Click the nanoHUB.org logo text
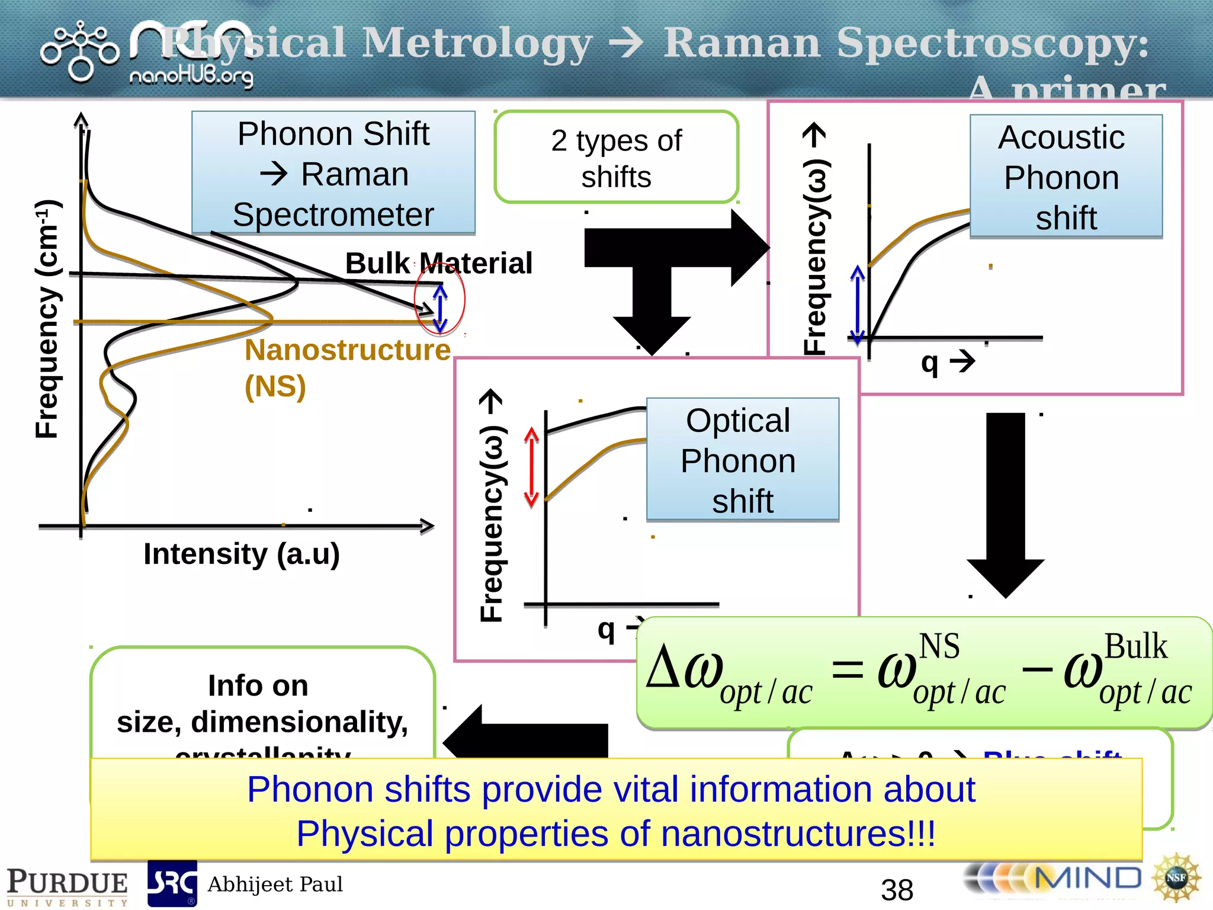pos(191,76)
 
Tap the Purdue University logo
pos(67,886)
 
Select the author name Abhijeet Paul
pos(275,885)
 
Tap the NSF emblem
pos(1176,878)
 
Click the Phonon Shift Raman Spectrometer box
pos(333,173)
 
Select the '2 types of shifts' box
pos(616,158)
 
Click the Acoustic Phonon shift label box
pos(1066,177)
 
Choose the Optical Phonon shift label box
pos(742,460)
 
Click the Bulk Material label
pos(438,263)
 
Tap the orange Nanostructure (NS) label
pos(347,367)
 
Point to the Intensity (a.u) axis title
pos(242,555)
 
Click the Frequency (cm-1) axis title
pos(47,320)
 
